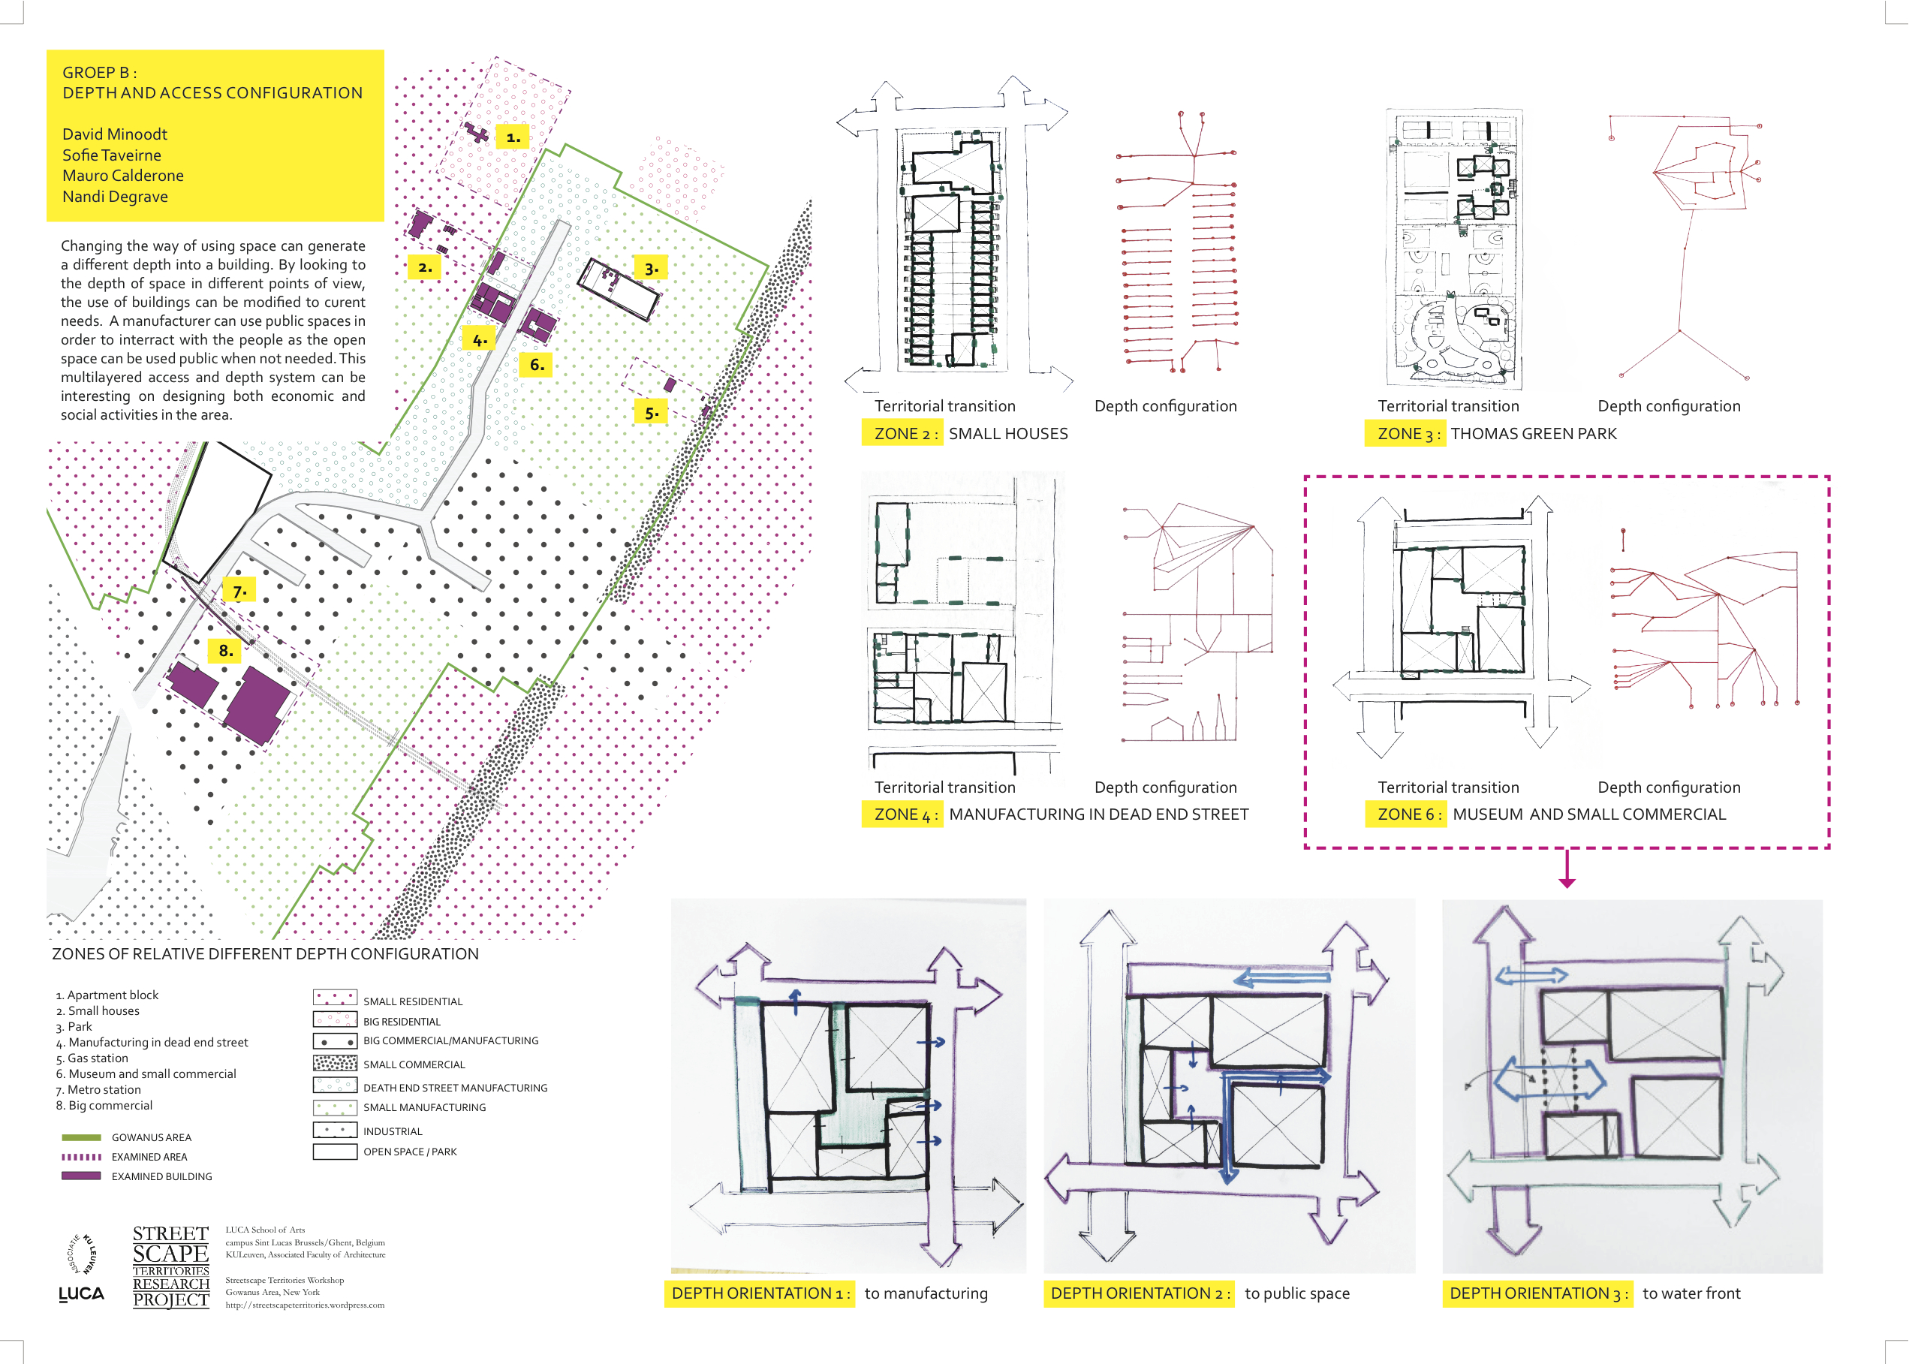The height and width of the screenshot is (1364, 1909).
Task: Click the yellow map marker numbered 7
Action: click(239, 592)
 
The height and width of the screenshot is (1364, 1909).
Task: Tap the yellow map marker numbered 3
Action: click(651, 269)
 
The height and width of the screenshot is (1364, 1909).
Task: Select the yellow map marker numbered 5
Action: click(651, 412)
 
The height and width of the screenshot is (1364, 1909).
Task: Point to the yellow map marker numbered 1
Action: click(512, 137)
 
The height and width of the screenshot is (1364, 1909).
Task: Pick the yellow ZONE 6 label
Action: click(1406, 814)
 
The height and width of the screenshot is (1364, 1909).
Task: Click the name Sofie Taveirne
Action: click(112, 155)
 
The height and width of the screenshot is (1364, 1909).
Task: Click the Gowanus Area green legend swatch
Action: click(82, 1137)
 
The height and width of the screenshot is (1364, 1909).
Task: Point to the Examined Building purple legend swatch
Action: click(82, 1176)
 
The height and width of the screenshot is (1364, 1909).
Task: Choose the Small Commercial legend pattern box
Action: click(335, 1062)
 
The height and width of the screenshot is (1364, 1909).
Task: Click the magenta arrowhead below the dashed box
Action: click(1567, 882)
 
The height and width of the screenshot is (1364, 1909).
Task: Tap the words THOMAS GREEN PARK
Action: click(1534, 433)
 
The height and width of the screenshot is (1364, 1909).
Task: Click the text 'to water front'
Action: click(1691, 1293)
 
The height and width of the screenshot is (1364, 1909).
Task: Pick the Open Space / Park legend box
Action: click(335, 1152)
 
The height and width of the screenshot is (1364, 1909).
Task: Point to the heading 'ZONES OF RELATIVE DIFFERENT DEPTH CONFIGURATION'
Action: click(266, 954)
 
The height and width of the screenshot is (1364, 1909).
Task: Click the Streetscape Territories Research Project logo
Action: click(171, 1266)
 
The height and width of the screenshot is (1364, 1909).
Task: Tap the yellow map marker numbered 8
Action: click(225, 650)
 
